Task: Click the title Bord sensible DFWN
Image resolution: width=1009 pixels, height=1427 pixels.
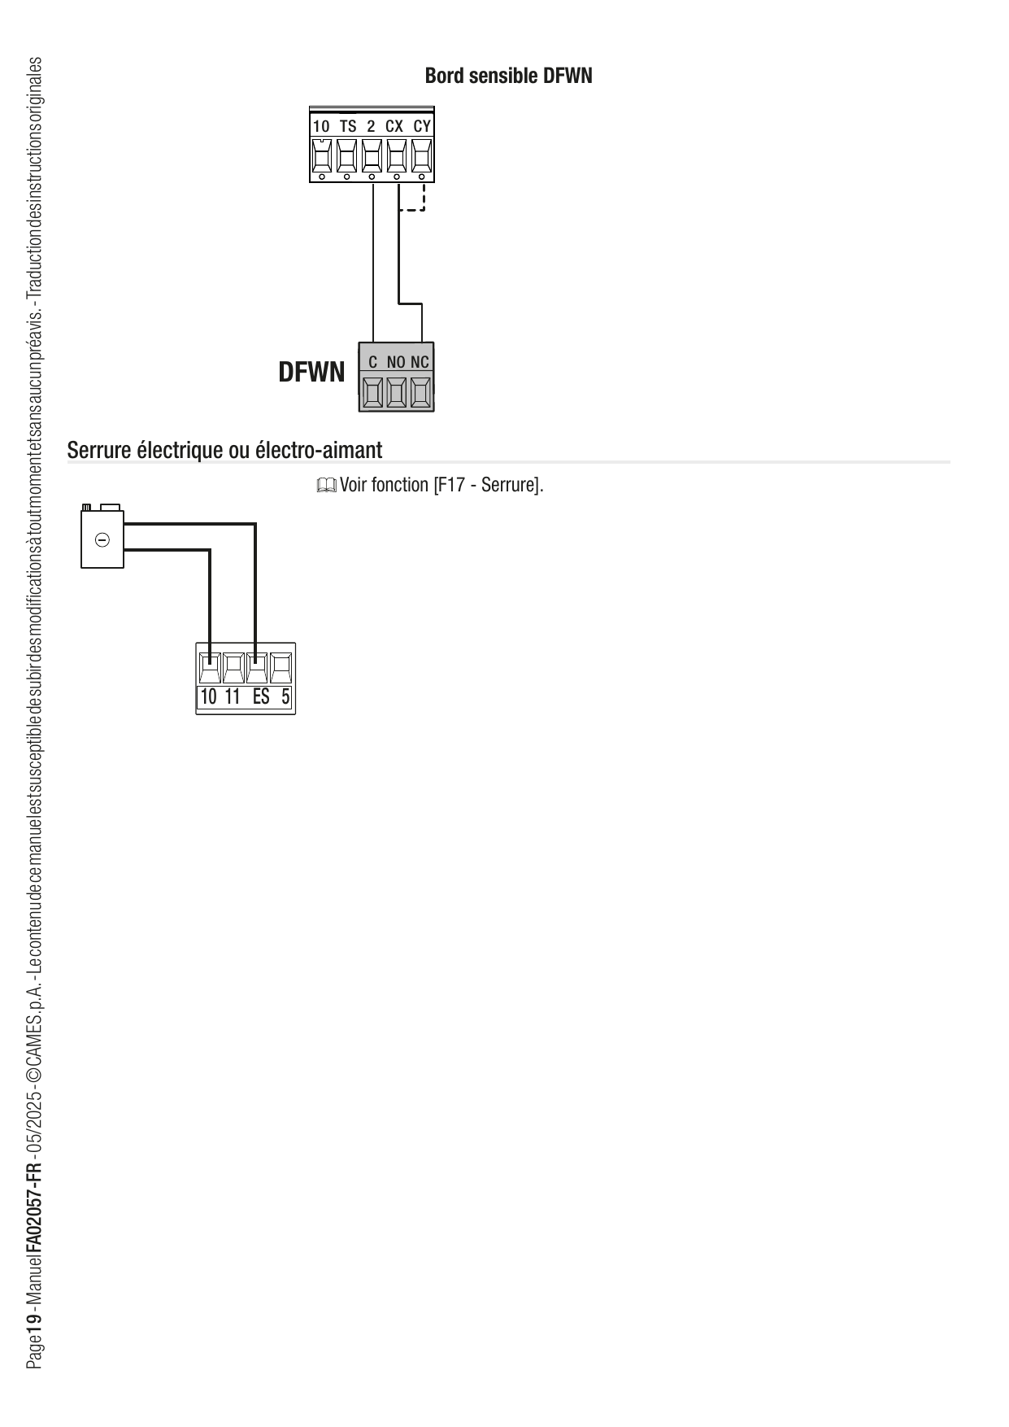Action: [x=508, y=76]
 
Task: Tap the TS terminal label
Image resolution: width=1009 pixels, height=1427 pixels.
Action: [x=347, y=126]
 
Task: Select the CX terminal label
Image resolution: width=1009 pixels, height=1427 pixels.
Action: [x=394, y=126]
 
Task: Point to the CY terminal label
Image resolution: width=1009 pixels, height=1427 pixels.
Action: [x=421, y=126]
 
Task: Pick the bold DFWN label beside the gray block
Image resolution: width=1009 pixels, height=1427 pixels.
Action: [x=311, y=373]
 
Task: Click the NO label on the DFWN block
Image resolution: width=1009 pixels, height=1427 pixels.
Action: [x=396, y=362]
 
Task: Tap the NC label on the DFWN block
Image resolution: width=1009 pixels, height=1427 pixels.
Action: [x=420, y=362]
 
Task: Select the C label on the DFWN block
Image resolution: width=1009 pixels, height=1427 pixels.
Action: [x=372, y=362]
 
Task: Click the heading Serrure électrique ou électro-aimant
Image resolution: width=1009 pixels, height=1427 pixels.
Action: [x=224, y=449]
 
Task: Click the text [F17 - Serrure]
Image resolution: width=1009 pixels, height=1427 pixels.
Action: [x=488, y=486]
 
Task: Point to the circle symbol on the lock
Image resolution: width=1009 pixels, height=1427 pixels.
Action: [x=102, y=539]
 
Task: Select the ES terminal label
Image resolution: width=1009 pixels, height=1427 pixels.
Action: [x=260, y=697]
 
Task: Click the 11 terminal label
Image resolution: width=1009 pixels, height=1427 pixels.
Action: [x=233, y=697]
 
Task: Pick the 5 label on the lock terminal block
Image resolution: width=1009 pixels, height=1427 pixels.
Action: [x=285, y=697]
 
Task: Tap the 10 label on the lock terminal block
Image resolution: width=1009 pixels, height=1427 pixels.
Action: [x=208, y=697]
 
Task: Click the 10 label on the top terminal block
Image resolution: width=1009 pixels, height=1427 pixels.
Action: [x=321, y=126]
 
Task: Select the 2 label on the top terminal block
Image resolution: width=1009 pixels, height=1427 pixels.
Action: [x=371, y=126]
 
